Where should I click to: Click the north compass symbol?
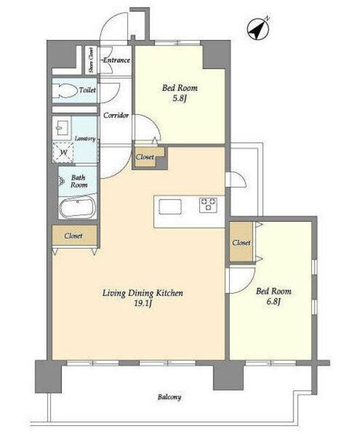coord(258,28)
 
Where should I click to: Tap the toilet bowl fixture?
coord(65,90)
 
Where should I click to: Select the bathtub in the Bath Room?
coord(78,207)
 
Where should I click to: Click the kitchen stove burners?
coord(208,205)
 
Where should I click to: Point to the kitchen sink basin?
coord(170,206)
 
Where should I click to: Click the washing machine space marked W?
coord(63,153)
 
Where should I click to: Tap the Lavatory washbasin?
coord(62,127)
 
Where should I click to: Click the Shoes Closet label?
coord(91,60)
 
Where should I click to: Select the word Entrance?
coord(117,60)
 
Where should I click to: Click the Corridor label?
coord(116,115)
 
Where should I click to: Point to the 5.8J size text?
coord(180,98)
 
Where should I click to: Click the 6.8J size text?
coord(274,301)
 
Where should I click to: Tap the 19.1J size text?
coord(143,303)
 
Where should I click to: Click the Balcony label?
coord(169,397)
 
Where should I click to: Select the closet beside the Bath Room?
coord(75,235)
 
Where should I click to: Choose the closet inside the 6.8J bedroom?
coord(241,242)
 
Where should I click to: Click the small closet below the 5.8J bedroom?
coord(146,157)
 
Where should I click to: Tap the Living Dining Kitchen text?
coord(143,293)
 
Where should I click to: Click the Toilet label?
coord(87,90)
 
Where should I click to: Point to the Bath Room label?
coord(79,181)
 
